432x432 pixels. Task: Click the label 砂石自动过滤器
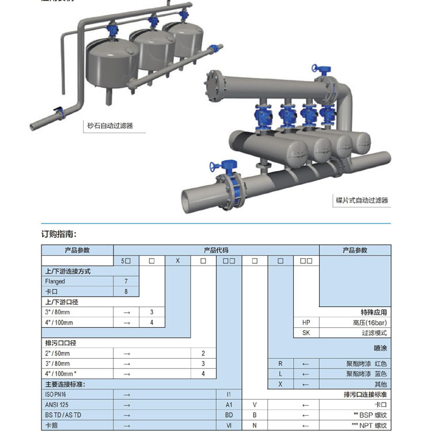(109, 125)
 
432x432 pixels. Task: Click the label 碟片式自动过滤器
(362, 200)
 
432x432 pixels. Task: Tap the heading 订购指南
(59, 234)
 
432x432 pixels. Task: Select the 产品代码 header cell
(216, 251)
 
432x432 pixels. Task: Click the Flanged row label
(55, 282)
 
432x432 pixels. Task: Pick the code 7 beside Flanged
(126, 282)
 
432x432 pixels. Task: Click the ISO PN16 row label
(57, 395)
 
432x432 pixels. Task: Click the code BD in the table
(229, 415)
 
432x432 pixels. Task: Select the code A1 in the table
(229, 405)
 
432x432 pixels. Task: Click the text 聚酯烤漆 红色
(367, 364)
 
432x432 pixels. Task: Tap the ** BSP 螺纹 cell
(371, 415)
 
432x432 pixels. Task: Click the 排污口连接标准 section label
(365, 395)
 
